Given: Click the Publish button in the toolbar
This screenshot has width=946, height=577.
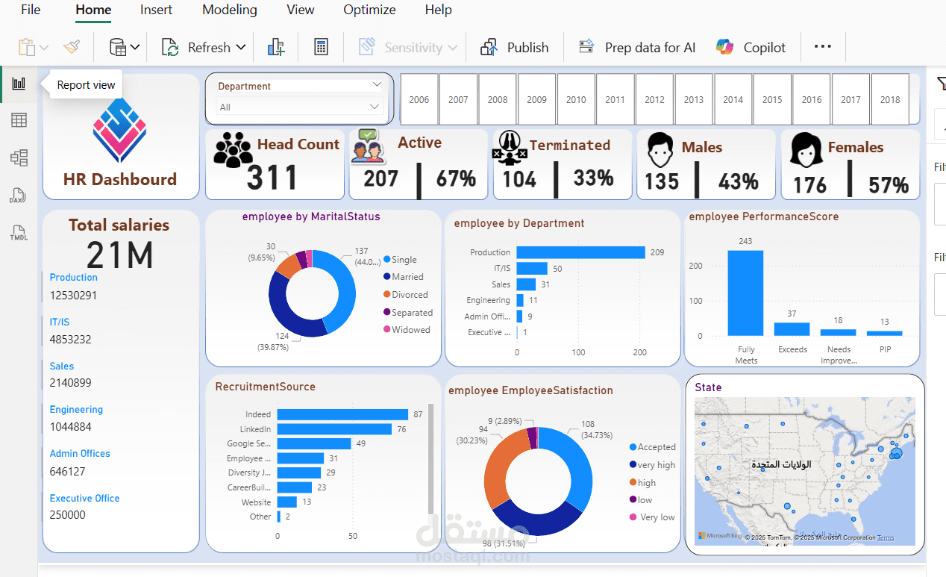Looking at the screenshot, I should point(515,48).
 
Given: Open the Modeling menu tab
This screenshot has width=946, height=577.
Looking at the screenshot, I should point(230,10).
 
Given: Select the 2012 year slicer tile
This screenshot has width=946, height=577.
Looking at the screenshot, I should point(654,99).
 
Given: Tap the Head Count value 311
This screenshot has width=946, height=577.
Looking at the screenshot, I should point(272,178).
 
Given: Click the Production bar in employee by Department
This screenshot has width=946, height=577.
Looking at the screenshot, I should point(580,252).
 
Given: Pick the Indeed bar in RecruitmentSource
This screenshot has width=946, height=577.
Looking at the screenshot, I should point(342,414).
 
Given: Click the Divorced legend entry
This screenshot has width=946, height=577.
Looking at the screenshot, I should point(410,295).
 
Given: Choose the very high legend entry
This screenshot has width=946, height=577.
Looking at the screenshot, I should point(656,465).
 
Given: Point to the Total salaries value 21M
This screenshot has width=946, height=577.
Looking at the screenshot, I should point(119,255).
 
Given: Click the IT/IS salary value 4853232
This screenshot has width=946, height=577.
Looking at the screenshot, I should point(71,339).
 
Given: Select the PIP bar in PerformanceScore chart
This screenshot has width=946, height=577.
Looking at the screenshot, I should point(884,333).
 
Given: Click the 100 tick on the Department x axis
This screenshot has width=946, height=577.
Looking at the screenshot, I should point(578,352).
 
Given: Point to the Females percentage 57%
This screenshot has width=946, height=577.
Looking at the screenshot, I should point(889,184).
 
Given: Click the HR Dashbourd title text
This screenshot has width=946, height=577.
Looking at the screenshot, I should point(120,179).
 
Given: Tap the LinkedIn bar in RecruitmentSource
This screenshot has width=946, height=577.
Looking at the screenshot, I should point(334,429).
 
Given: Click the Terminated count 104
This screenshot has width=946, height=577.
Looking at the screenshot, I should point(519,179).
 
